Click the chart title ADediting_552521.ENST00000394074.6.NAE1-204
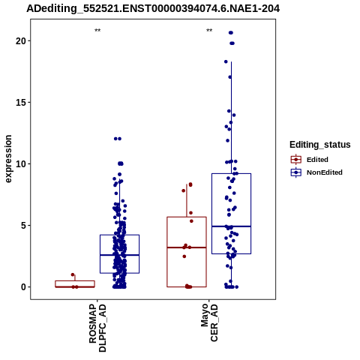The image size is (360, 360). coord(153,9)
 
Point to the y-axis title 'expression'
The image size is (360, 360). coord(8,159)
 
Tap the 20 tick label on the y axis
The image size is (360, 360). coord(21,40)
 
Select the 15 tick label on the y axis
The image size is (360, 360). coord(21,102)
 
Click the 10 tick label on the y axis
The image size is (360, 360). coord(21,163)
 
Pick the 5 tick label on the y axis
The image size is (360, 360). coord(24,225)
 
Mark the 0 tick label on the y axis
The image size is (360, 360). coord(24,286)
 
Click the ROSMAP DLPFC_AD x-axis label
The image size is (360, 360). coord(97,328)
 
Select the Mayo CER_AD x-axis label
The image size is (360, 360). coord(209,322)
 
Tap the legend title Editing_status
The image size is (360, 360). coord(320,145)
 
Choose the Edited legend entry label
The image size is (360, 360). coord(317,160)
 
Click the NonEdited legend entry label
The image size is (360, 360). coord(325,172)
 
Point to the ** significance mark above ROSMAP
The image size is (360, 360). coord(97,31)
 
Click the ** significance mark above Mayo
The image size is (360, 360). coord(209,31)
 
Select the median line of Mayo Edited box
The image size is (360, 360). coord(187,247)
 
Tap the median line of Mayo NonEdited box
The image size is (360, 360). coord(231,226)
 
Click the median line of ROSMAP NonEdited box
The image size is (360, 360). coord(119,255)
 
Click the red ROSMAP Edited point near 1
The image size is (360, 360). coord(73,274)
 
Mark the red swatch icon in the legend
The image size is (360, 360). coord(296,160)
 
